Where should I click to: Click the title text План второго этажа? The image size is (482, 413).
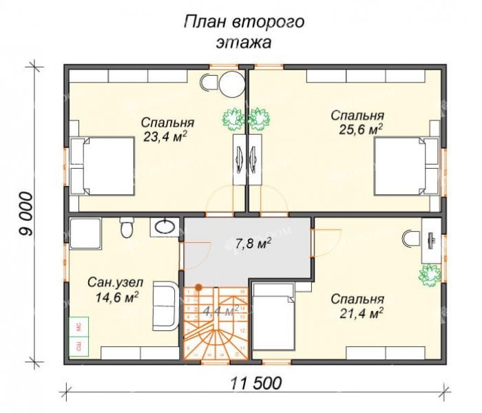(x=243, y=32)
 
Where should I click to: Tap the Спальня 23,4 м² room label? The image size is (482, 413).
(x=167, y=129)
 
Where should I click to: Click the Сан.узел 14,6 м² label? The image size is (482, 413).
(x=114, y=289)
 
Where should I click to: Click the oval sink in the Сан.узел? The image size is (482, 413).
(x=164, y=225)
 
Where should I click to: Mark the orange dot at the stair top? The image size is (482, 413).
(x=198, y=286)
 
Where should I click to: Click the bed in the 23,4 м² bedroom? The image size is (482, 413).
(x=102, y=165)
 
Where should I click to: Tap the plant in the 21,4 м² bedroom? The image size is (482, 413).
(x=428, y=273)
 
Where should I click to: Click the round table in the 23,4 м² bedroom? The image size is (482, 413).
(x=231, y=85)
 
